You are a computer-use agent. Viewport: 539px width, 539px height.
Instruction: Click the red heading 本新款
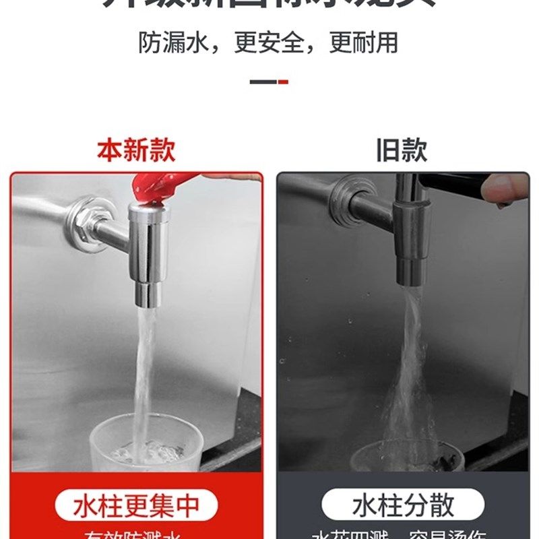(136, 150)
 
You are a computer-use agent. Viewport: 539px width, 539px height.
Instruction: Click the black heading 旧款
(402, 150)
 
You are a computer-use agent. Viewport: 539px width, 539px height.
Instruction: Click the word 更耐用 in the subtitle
(364, 42)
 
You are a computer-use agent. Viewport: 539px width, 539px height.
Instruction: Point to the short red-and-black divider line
(269, 82)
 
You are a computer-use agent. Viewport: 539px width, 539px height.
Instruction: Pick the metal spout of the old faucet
(410, 243)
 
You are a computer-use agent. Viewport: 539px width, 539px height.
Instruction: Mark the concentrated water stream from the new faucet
(143, 364)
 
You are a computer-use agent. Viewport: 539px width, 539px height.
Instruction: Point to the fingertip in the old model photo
(509, 189)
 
